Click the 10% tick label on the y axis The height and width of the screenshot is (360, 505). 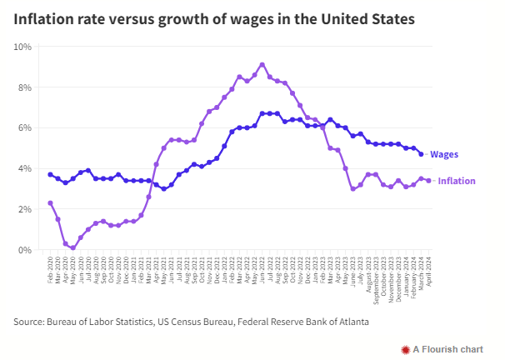(23, 46)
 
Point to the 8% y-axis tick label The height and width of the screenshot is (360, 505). (26, 87)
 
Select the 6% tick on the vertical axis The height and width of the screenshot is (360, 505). (26, 127)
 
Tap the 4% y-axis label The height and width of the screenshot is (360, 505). (26, 168)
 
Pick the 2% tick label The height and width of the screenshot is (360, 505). (26, 209)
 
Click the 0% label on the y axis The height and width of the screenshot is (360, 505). (26, 250)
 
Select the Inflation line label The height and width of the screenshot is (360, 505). (457, 181)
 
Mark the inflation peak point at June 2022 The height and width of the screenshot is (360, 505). (262, 64)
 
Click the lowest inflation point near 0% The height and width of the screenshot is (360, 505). (73, 247)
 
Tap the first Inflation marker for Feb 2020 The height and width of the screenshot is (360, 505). (50, 202)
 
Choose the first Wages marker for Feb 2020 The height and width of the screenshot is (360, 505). (50, 174)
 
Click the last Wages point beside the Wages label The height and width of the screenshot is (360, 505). (421, 153)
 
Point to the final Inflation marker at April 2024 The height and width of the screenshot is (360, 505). (428, 180)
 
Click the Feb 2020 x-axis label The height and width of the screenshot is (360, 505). (51, 271)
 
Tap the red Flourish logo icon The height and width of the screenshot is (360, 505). (405, 348)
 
